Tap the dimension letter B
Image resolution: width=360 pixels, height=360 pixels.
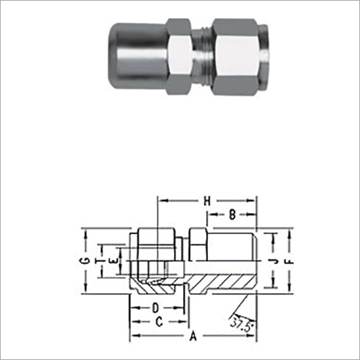(232, 214)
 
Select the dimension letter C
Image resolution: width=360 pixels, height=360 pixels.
(159, 322)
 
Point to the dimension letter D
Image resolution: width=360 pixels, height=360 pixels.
(155, 307)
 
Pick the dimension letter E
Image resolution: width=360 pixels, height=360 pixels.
(110, 257)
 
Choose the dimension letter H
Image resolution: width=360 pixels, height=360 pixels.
(207, 200)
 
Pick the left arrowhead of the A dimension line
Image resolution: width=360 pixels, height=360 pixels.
(132, 336)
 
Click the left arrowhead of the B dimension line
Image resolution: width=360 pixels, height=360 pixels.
(210, 214)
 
